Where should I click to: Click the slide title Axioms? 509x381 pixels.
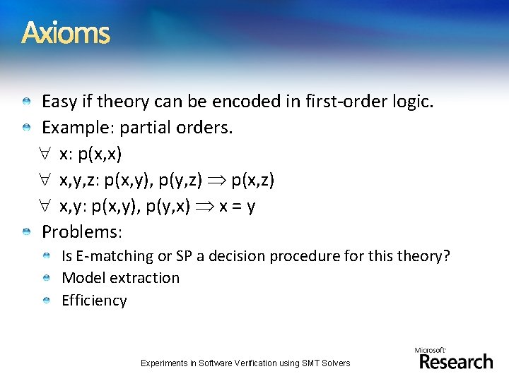(x=66, y=33)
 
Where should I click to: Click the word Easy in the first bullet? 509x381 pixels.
(x=59, y=102)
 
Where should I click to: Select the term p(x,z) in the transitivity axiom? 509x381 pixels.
(x=252, y=181)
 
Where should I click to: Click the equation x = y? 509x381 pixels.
(x=235, y=207)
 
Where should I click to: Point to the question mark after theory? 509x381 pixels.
(x=446, y=256)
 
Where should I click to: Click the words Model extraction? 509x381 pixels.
(x=121, y=278)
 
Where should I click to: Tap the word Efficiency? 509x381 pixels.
(x=94, y=301)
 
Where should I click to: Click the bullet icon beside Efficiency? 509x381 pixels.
(x=46, y=301)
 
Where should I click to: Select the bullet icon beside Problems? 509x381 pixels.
(x=26, y=232)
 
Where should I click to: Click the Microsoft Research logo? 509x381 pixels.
(x=455, y=358)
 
